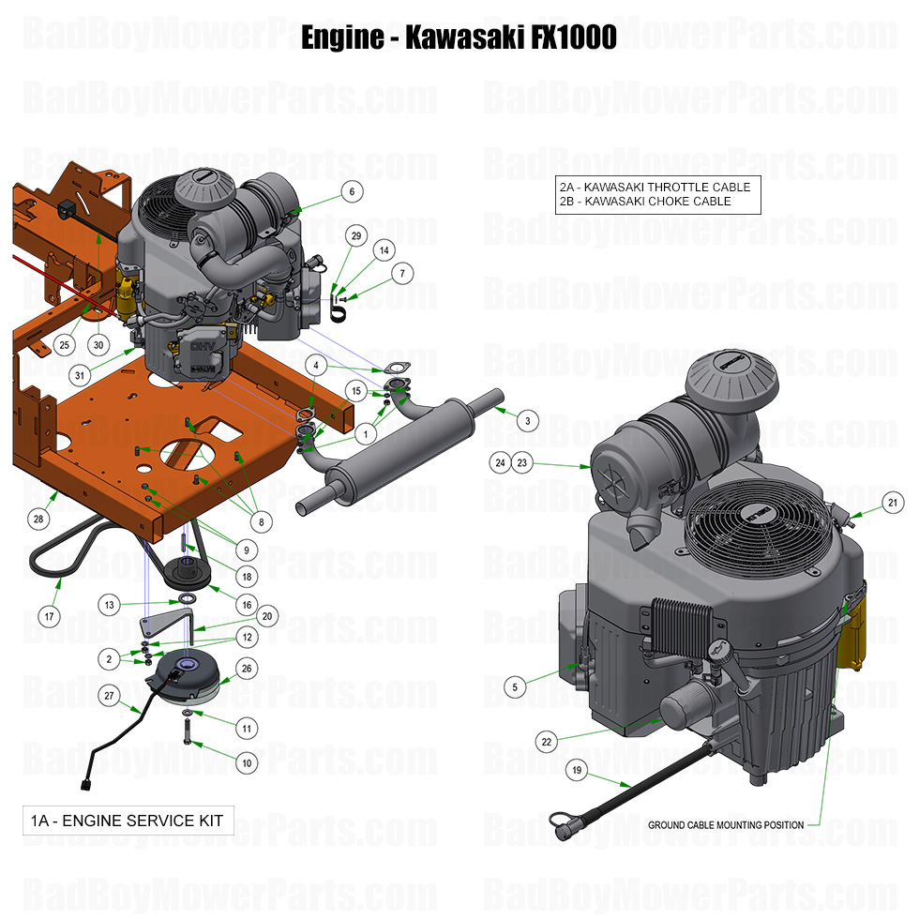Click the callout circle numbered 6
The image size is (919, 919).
point(351,191)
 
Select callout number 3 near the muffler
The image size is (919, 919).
point(527,421)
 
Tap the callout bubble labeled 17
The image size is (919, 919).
point(50,617)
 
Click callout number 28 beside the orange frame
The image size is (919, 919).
point(38,519)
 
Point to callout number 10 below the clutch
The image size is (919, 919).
point(247,763)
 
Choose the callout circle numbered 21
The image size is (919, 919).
point(893,504)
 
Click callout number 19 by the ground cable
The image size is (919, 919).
point(578,771)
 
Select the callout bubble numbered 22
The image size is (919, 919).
point(546,741)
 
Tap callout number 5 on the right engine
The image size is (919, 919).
point(514,687)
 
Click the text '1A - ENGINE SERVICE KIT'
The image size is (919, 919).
point(127,821)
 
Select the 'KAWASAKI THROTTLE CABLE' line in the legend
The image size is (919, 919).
point(654,187)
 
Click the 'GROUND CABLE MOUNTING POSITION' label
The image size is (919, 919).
point(725,825)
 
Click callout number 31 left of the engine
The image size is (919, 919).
point(82,375)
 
